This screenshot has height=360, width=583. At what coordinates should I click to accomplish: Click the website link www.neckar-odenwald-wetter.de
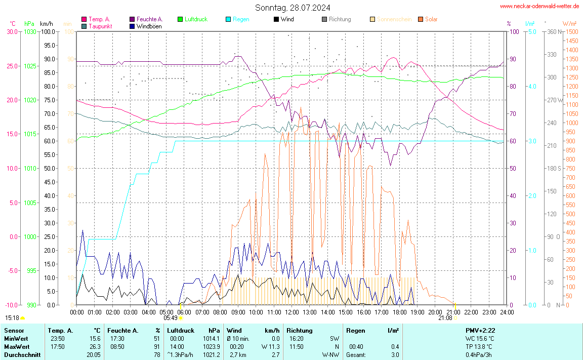pos(539,6)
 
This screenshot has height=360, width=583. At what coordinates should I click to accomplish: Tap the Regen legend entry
pos(240,19)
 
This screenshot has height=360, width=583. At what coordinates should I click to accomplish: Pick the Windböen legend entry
pos(149,26)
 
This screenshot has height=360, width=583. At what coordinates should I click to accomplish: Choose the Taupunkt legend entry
pos(100,26)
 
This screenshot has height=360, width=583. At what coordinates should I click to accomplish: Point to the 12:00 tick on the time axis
pos(291,312)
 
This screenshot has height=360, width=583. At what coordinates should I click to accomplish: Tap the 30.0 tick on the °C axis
pos(12,32)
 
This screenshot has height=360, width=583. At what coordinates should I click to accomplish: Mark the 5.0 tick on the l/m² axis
pos(532,32)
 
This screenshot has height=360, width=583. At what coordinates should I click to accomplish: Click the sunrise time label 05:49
pos(171,318)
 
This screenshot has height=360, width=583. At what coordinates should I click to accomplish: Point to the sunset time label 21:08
pos(445,318)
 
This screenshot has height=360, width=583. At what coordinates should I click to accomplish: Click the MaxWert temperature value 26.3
pos(95,346)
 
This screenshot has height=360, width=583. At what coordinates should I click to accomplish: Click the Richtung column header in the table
pos(300,330)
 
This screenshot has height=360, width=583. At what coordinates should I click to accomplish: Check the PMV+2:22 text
pos(480,330)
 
